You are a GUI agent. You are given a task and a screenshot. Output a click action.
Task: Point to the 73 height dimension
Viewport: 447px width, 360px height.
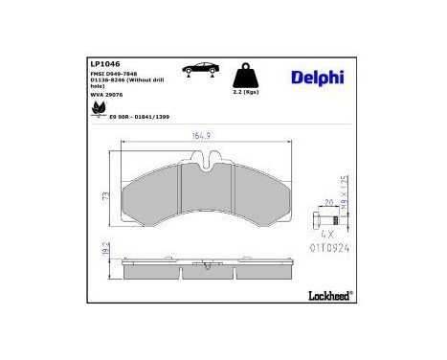click(x=106, y=195)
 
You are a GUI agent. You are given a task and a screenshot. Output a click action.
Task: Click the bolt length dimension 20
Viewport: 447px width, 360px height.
click(x=327, y=203)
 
